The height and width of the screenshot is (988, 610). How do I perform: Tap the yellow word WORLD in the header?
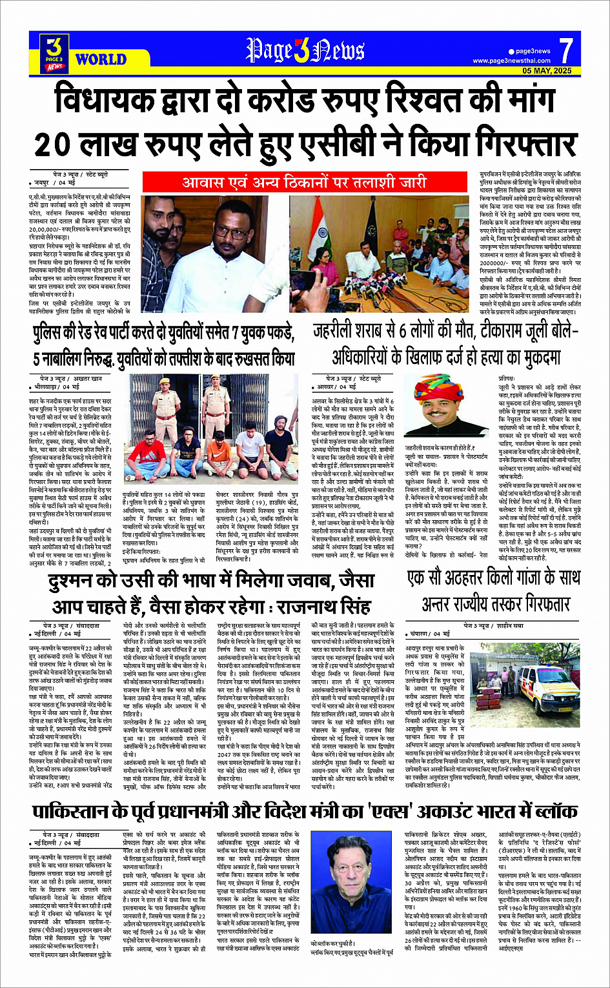[x=100, y=59]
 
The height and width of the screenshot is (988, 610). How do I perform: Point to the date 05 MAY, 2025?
[x=547, y=70]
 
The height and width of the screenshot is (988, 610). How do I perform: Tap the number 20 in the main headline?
[x=54, y=144]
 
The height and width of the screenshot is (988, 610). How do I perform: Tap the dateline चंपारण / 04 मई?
[x=431, y=634]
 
